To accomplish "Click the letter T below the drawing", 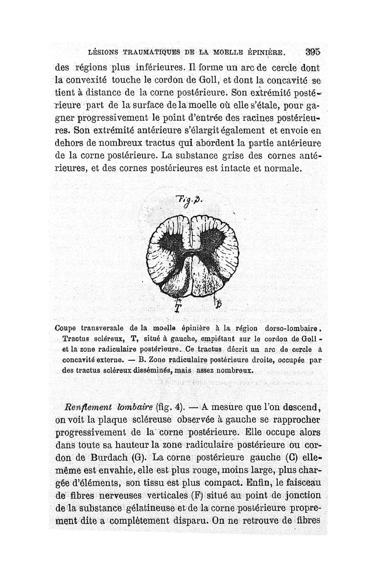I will (x=178, y=307).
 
